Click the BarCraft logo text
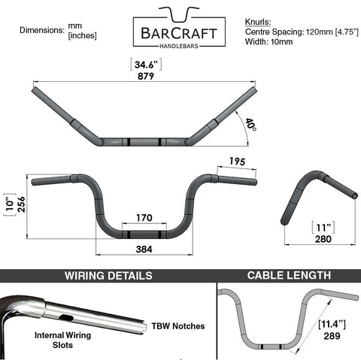[179, 33]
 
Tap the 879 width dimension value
[146, 76]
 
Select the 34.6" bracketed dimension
[146, 65]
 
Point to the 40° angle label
[250, 126]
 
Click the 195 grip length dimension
[238, 162]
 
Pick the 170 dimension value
[144, 218]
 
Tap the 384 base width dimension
[144, 250]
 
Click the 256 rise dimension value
[21, 204]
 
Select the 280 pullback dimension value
[323, 239]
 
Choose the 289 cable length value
[332, 336]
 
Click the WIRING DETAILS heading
[108, 276]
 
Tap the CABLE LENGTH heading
[289, 275]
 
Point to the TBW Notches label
[178, 326]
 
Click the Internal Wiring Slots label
[62, 340]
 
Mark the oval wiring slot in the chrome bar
[66, 318]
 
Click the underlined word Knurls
[258, 22]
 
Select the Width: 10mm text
[268, 41]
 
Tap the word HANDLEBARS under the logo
[179, 46]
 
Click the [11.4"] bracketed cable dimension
[332, 325]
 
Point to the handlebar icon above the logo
[179, 14]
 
